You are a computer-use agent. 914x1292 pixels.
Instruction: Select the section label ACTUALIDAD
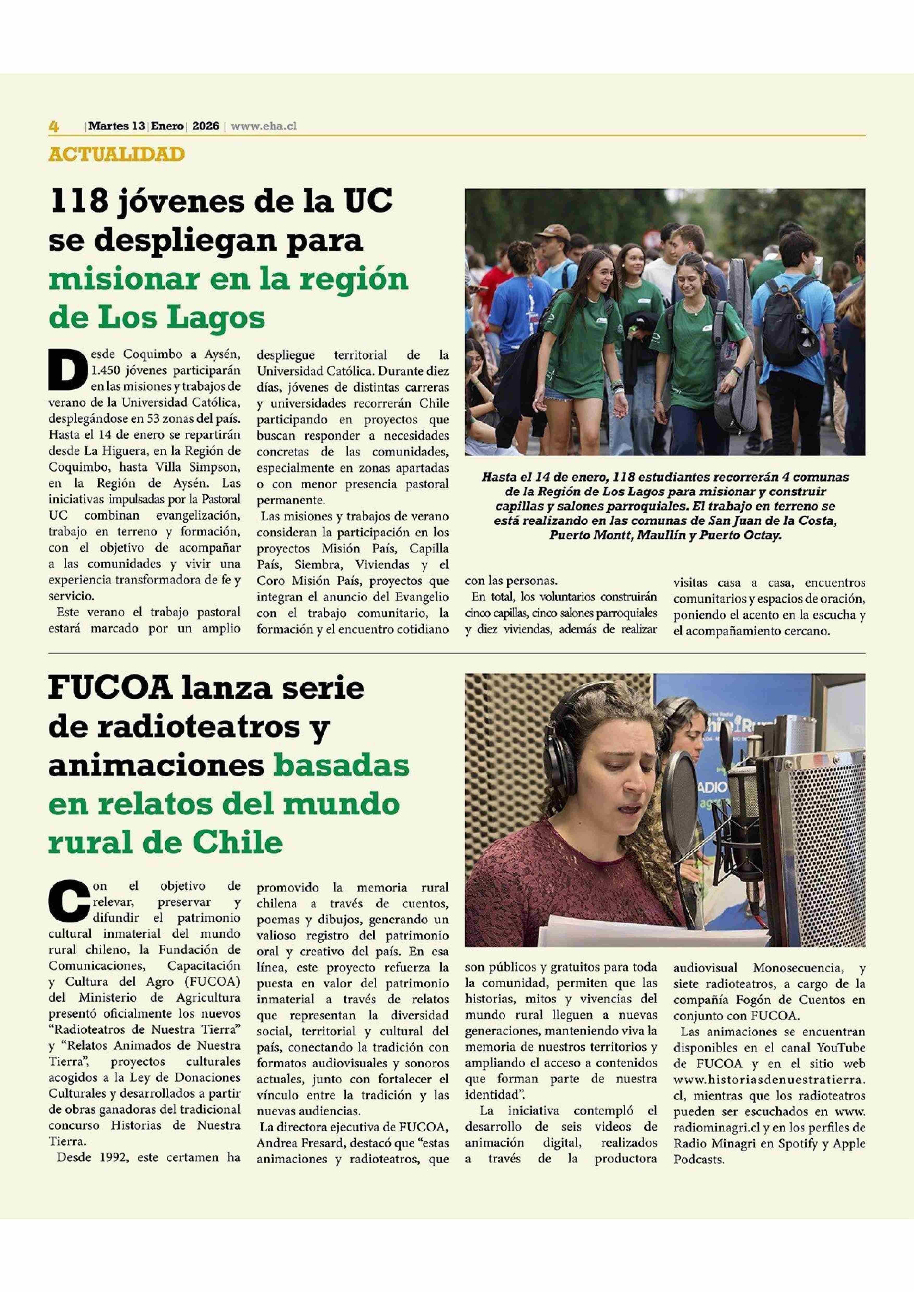(x=116, y=154)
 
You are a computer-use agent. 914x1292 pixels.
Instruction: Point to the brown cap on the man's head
(x=553, y=232)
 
